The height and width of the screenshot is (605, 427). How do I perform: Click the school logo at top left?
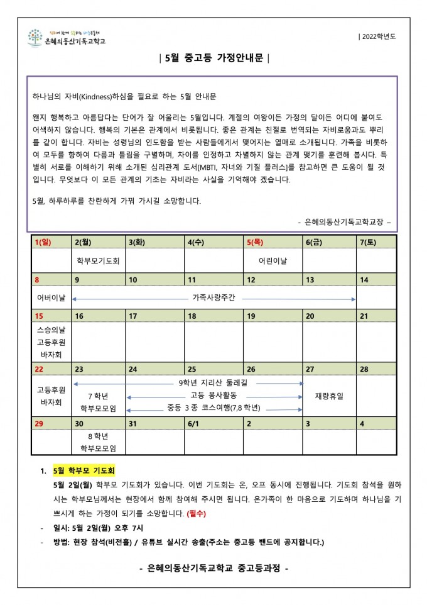pyautogui.click(x=67, y=37)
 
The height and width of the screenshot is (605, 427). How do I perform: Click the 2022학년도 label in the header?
pyautogui.click(x=378, y=36)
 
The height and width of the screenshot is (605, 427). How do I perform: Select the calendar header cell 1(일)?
pyautogui.click(x=43, y=242)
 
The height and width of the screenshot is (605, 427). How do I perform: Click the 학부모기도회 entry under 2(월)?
pyautogui.click(x=99, y=260)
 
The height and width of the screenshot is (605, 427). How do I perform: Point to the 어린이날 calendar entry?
pyautogui.click(x=273, y=260)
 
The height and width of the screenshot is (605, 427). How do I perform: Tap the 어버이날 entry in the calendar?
pyautogui.click(x=51, y=297)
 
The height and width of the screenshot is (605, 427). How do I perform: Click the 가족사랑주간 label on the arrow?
pyautogui.click(x=213, y=297)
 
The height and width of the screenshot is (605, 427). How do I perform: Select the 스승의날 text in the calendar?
pyautogui.click(x=51, y=329)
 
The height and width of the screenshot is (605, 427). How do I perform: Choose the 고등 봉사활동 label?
pyautogui.click(x=214, y=395)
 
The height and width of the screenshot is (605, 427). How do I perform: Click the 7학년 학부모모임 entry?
pyautogui.click(x=99, y=402)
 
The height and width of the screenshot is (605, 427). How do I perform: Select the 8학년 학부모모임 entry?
pyautogui.click(x=99, y=441)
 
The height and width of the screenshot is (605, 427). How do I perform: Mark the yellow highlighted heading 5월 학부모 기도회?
pyautogui.click(x=84, y=470)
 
